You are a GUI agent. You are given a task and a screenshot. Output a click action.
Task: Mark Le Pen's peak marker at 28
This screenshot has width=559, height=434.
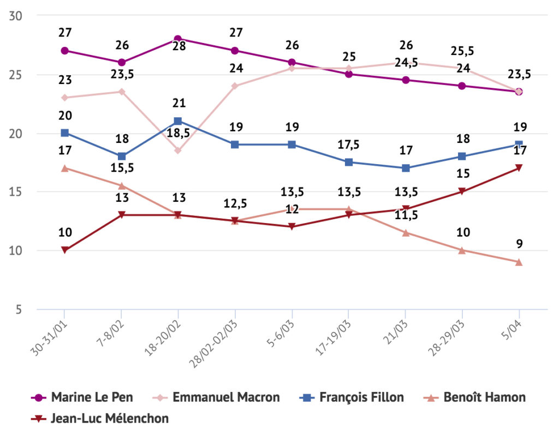[178, 39]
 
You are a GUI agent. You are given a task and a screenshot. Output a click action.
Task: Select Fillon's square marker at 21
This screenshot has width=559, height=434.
[178, 121]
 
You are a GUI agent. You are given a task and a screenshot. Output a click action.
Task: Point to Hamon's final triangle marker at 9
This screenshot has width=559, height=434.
[519, 262]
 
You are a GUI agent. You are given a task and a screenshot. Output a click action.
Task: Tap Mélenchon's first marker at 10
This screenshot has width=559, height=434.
[64, 250]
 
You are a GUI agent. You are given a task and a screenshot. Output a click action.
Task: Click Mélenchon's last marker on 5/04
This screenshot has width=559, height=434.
[519, 168]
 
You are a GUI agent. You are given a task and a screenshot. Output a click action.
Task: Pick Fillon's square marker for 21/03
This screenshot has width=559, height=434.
[405, 168]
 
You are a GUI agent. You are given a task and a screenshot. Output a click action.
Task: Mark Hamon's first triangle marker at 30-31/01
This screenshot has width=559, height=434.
[64, 168]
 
